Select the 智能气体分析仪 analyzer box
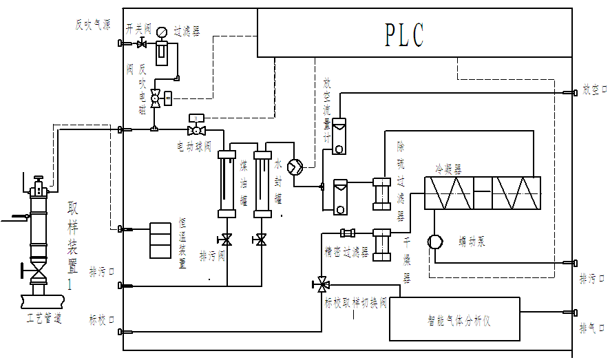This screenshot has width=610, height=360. click(x=454, y=319)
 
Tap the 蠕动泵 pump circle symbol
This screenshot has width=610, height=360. click(x=434, y=242)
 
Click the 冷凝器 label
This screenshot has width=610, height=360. click(x=448, y=167)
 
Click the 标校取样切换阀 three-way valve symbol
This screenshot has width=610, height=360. click(x=321, y=283)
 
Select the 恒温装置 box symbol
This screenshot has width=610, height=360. click(x=160, y=240)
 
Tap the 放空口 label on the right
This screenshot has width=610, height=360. click(x=593, y=89)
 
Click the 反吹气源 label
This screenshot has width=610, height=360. click(x=92, y=25)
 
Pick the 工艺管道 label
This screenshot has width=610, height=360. click(x=44, y=319)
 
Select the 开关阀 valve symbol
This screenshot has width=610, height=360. click(x=143, y=45)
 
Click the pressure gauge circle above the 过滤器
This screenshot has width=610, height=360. click(x=162, y=32)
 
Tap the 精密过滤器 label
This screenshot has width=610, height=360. click(x=346, y=253)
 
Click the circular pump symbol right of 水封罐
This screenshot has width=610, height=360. click(x=295, y=167)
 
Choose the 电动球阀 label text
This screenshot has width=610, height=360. click(x=194, y=147)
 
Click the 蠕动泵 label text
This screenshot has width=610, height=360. click(x=472, y=241)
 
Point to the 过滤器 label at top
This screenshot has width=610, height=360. click(x=187, y=32)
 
